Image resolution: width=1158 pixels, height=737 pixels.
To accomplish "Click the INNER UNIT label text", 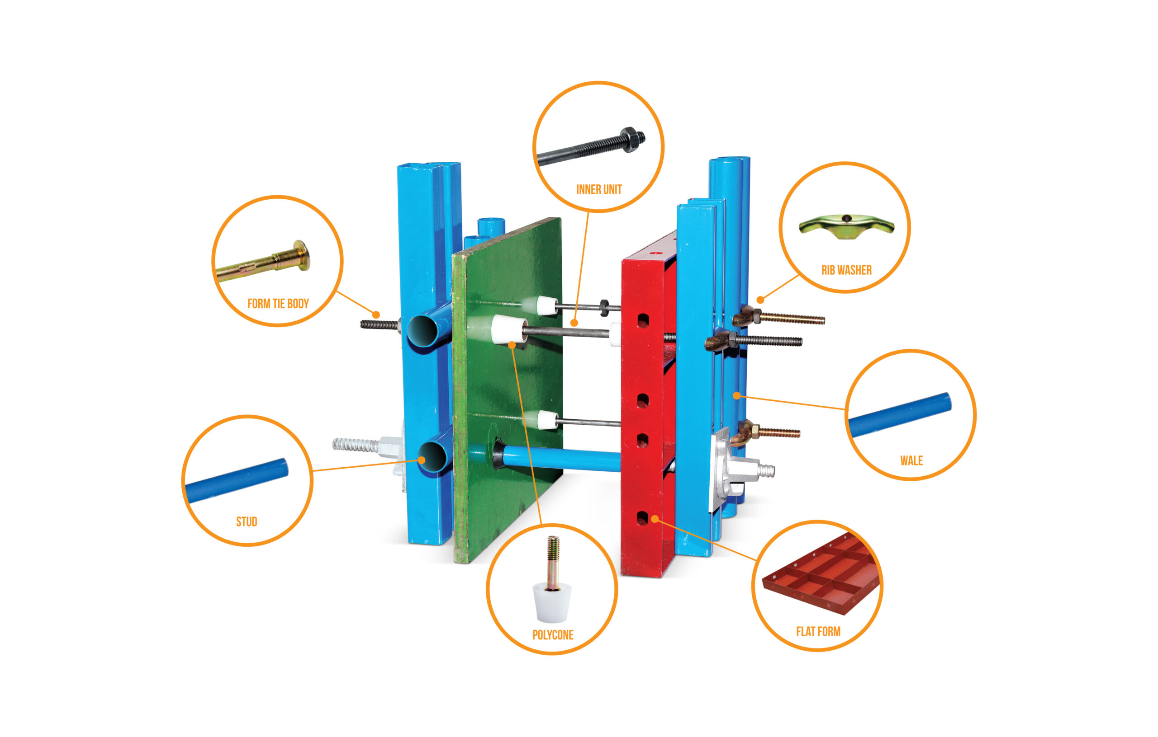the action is pyautogui.click(x=599, y=189).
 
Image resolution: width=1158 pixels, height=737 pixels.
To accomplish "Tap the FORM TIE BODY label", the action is pyautogui.click(x=278, y=304).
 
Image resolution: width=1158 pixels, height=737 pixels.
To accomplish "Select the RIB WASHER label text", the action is pyautogui.click(x=846, y=270).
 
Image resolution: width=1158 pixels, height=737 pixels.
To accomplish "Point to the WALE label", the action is pyautogui.click(x=911, y=461).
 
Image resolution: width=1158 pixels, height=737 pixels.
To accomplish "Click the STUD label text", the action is pyautogui.click(x=247, y=522).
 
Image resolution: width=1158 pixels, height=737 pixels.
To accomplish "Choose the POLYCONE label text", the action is pyautogui.click(x=553, y=635).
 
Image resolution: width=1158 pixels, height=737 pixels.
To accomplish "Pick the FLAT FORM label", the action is pyautogui.click(x=818, y=632).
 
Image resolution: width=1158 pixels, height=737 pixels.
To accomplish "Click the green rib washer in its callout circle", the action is pyautogui.click(x=846, y=226).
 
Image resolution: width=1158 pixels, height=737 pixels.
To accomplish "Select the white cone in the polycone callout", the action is pyautogui.click(x=552, y=602).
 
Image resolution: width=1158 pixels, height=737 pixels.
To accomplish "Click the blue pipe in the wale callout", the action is pyautogui.click(x=900, y=415).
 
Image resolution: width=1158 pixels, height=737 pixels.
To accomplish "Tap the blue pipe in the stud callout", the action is pyautogui.click(x=237, y=480).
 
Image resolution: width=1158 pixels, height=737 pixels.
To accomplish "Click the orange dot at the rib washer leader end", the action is pyautogui.click(x=760, y=300).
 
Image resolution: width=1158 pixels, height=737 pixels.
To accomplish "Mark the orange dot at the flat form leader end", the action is pyautogui.click(x=655, y=519).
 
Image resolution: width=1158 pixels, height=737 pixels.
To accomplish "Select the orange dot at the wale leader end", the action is pyautogui.click(x=736, y=395).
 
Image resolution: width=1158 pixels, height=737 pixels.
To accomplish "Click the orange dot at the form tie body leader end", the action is pyautogui.click(x=376, y=315).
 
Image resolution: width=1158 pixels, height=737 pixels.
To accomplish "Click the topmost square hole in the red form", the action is pyautogui.click(x=643, y=320).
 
